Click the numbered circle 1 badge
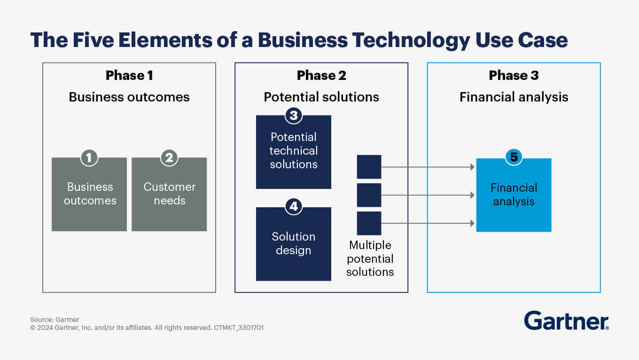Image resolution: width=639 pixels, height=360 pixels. click(x=89, y=157)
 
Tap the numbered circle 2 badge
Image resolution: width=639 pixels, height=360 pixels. click(x=169, y=157)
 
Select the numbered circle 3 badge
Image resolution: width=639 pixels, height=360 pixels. click(x=294, y=115)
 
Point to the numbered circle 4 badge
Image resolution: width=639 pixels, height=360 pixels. click(x=294, y=206)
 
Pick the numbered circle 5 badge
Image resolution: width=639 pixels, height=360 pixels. click(x=514, y=157)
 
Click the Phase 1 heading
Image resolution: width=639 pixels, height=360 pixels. click(x=129, y=75)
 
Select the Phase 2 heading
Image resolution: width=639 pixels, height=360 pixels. click(x=321, y=75)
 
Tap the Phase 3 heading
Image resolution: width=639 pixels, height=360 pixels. click(x=514, y=75)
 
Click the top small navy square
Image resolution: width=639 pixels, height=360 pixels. click(x=369, y=167)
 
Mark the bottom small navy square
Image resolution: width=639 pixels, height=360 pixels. click(x=369, y=223)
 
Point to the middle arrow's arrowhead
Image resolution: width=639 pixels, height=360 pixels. click(x=472, y=195)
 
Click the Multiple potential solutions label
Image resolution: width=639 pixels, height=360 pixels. click(x=370, y=258)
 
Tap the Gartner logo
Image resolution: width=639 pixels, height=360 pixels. click(x=566, y=321)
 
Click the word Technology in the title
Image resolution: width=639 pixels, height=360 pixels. click(x=409, y=40)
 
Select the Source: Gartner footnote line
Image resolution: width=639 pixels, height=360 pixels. click(x=55, y=320)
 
